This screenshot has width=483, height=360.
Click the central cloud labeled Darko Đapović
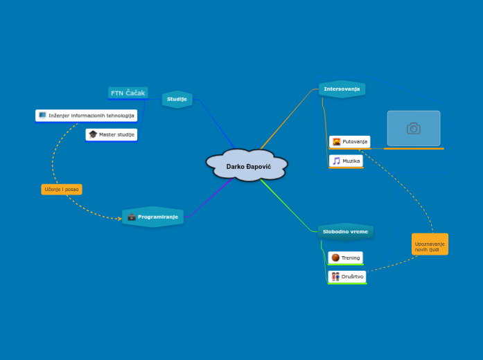click(247, 166)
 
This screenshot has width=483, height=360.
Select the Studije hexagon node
click(177, 99)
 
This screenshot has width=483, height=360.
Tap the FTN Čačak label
click(128, 93)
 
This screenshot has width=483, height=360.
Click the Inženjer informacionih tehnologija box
click(87, 115)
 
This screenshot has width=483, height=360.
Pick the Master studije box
click(112, 134)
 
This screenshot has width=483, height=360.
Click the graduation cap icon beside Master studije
click(93, 134)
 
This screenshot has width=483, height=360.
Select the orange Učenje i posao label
click(62, 189)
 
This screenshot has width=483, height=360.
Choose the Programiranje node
click(153, 217)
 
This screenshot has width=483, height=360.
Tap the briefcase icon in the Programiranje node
click(132, 217)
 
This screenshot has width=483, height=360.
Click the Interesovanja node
click(342, 89)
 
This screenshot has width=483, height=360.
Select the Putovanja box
click(349, 142)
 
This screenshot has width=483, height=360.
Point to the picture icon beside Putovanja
click(336, 142)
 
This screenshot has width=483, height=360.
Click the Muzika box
click(346, 161)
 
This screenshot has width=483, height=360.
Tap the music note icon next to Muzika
click(336, 161)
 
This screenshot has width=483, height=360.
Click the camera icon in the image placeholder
click(414, 128)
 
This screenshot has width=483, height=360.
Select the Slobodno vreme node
click(346, 231)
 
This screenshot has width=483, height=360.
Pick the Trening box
click(345, 258)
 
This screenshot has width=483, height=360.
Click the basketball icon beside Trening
click(335, 258)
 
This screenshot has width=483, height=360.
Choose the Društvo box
click(346, 277)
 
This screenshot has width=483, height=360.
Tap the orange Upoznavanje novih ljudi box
click(430, 244)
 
